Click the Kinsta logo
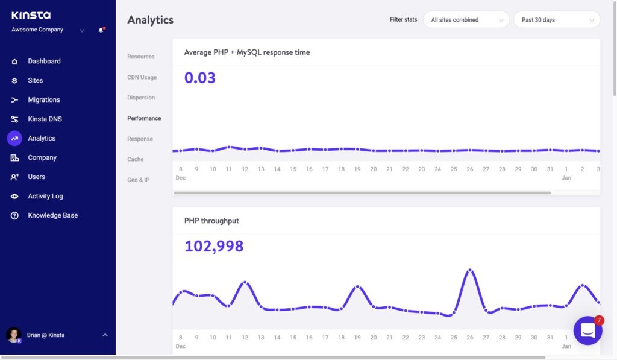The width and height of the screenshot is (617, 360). click(31, 15)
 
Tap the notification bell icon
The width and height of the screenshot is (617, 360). click(101, 30)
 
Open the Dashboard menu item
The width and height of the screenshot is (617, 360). click(44, 61)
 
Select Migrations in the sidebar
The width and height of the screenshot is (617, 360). click(43, 99)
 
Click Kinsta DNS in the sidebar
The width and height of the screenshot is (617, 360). click(45, 119)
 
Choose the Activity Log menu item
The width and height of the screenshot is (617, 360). click(45, 196)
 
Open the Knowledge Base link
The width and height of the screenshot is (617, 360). click(52, 215)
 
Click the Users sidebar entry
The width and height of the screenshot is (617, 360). click(36, 177)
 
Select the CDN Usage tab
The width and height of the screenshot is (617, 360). click(142, 77)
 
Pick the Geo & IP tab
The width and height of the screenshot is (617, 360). click(138, 180)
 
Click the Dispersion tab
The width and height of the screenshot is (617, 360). click(141, 98)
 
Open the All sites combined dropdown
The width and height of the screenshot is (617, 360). click(466, 20)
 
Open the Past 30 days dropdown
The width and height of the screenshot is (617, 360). click(556, 20)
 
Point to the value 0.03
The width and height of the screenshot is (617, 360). click(199, 78)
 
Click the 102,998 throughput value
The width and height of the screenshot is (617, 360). click(214, 246)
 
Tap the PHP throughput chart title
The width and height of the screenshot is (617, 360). click(211, 221)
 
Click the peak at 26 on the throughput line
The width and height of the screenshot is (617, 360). click(470, 270)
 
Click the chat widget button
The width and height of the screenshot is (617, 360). click(587, 330)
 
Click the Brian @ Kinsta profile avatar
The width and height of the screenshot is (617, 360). click(14, 335)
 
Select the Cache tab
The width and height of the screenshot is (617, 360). click(135, 159)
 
